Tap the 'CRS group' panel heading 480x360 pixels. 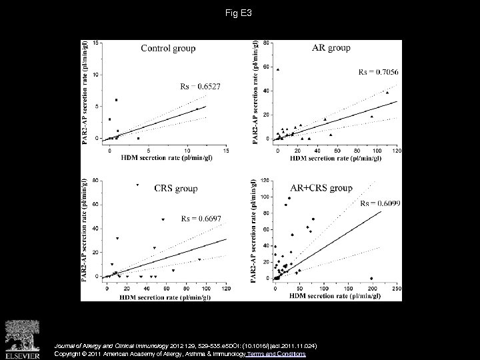[175, 188]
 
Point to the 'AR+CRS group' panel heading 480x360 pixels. [321, 188]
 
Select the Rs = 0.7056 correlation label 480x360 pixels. [377, 72]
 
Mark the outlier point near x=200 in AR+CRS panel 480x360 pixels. [371, 278]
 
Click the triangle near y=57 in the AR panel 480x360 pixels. [278, 69]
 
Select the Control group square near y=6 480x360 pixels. [117, 100]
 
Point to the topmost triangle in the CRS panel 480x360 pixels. [138, 185]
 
